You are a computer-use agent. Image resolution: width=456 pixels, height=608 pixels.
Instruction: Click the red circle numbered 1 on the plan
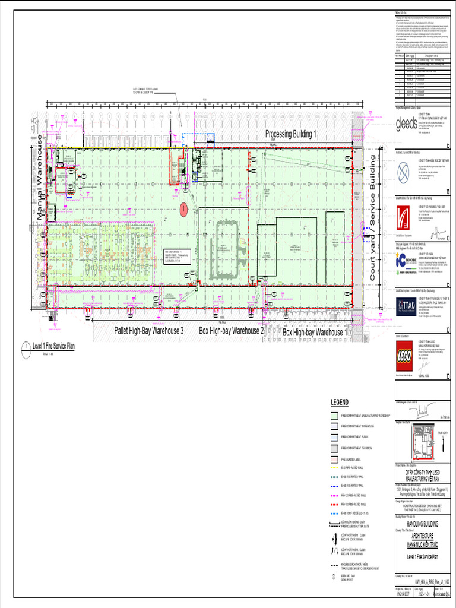[184, 208]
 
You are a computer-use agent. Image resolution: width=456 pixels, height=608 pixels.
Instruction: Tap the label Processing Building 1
[291, 134]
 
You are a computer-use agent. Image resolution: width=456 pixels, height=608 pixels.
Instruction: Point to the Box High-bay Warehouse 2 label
[231, 331]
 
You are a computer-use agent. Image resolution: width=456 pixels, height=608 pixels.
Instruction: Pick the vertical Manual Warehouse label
[40, 178]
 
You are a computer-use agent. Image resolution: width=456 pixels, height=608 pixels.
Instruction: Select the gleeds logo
[407, 123]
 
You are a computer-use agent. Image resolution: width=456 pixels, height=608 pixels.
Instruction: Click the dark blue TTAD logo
[407, 305]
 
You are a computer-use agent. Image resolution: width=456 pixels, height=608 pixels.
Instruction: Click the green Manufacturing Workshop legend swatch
[334, 416]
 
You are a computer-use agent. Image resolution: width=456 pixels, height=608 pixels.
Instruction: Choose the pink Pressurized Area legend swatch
[334, 460]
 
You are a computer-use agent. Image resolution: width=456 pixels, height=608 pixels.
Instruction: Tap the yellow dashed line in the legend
[334, 468]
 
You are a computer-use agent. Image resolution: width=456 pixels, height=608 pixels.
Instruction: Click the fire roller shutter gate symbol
[334, 524]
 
